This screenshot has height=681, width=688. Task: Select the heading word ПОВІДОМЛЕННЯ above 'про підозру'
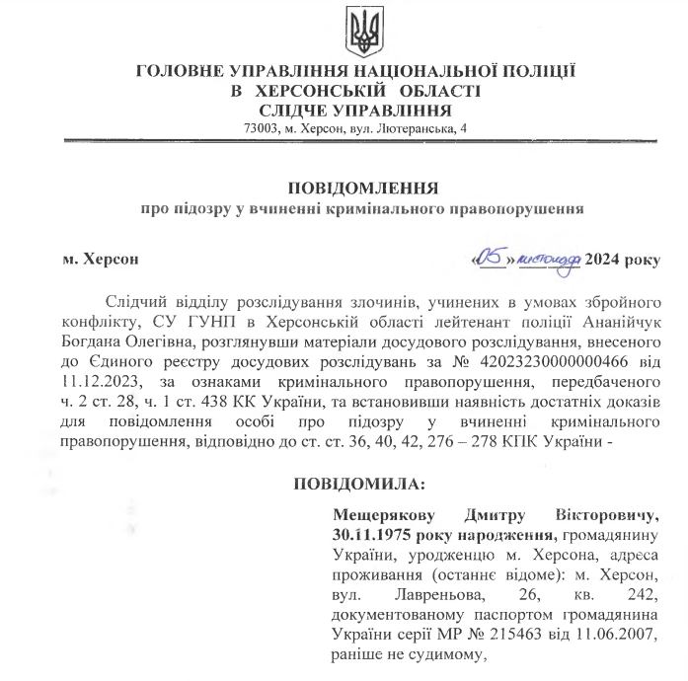tap(363, 188)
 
